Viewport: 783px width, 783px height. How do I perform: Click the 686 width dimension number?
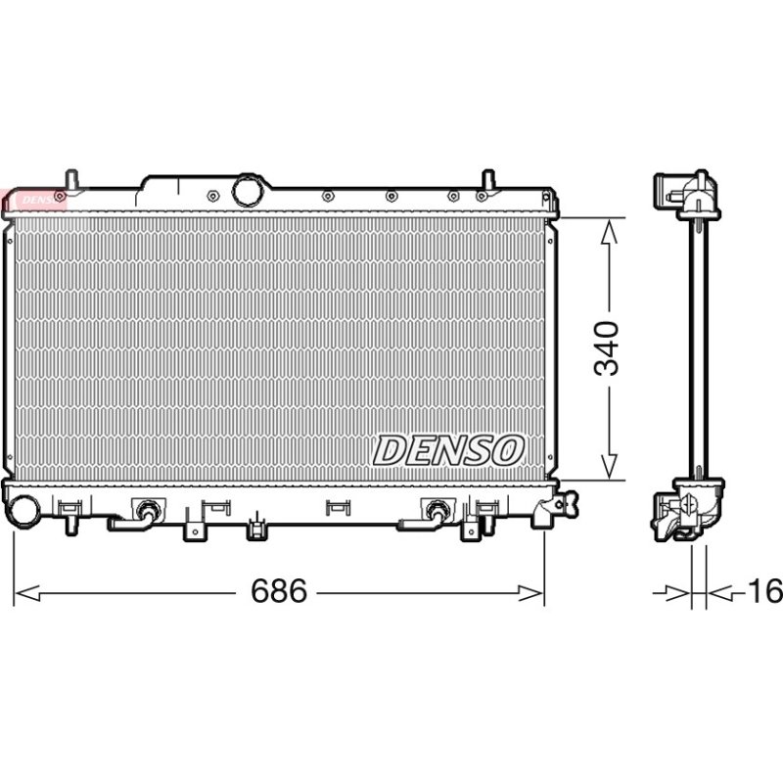point(279,591)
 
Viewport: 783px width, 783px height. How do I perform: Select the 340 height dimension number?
point(606,348)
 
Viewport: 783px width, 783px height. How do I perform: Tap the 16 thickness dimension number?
point(765,591)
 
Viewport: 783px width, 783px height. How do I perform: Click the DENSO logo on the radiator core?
point(448,450)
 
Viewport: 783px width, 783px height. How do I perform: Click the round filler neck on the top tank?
point(248,190)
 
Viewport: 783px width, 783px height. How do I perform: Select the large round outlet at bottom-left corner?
point(23,511)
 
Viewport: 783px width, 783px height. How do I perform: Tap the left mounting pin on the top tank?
point(71,180)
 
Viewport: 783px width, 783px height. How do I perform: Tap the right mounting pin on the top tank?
point(487,180)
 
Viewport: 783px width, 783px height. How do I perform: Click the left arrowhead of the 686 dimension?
point(27,593)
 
